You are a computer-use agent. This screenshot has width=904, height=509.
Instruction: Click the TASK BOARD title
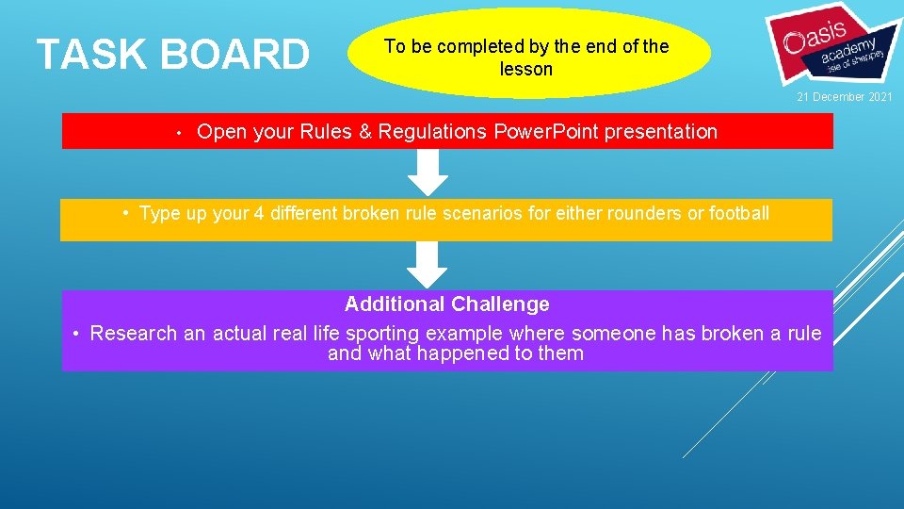[172, 55]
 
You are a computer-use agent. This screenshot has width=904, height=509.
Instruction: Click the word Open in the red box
[221, 132]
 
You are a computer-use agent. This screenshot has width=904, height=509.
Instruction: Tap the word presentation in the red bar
[660, 132]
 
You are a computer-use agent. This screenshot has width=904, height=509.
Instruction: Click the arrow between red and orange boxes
[428, 172]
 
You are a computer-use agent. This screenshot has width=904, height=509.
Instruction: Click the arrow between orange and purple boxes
[428, 265]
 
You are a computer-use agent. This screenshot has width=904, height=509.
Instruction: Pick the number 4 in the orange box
[259, 213]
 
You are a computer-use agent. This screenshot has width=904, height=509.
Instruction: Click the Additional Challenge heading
[447, 304]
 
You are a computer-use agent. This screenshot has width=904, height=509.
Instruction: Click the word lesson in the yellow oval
[526, 69]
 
